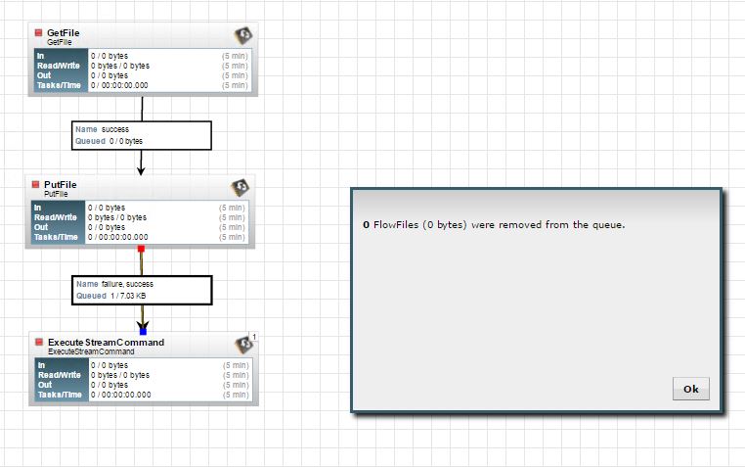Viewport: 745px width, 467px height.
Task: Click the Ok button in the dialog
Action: click(690, 389)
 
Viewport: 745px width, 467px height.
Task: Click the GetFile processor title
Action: click(64, 32)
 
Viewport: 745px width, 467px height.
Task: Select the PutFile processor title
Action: click(61, 184)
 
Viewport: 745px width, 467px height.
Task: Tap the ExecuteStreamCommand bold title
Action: click(106, 342)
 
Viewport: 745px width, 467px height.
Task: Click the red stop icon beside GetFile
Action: click(38, 33)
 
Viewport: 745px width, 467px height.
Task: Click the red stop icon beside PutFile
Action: click(35, 185)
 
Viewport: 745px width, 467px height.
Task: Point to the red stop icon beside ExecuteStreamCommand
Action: click(39, 343)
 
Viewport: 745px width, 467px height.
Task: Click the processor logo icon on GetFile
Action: click(242, 36)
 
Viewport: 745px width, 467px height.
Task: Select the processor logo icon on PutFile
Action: click(240, 188)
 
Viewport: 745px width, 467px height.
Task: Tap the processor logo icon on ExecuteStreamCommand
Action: click(244, 345)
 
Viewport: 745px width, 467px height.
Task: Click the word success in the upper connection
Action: click(115, 128)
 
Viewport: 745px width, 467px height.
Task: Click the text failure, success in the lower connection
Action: click(127, 283)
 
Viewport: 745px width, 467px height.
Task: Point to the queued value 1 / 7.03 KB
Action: click(129, 295)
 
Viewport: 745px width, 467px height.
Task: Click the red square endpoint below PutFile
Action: click(141, 249)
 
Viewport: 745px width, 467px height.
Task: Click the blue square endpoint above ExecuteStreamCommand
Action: click(143, 331)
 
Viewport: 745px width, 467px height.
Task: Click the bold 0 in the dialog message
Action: click(366, 224)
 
